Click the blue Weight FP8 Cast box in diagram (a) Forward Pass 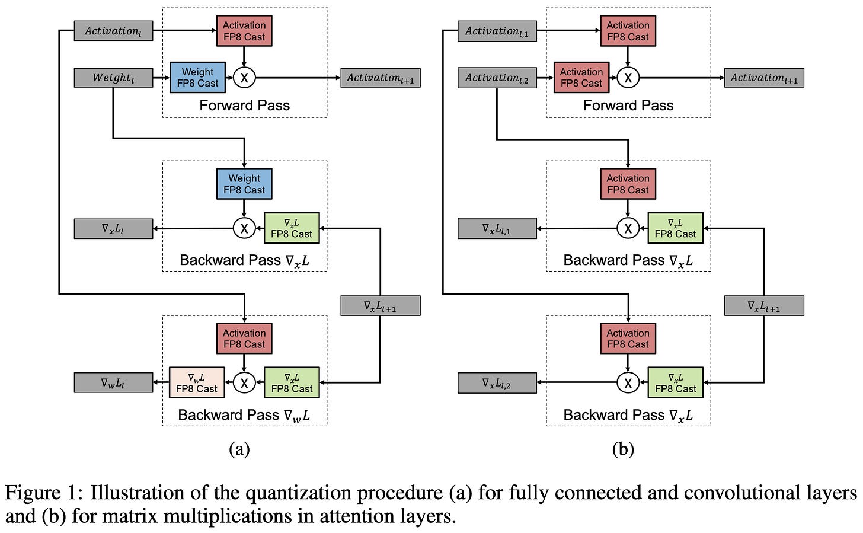point(197,78)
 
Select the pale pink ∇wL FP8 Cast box point(197,382)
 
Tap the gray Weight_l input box point(113,78)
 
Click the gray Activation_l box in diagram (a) point(113,31)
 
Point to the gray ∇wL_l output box point(113,382)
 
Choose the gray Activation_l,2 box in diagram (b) point(497,78)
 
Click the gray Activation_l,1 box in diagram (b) point(497,31)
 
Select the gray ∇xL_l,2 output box point(497,383)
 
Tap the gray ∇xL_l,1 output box point(497,228)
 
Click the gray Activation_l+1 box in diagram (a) point(381,78)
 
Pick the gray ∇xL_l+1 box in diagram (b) point(765,306)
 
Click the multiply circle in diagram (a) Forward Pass point(244,78)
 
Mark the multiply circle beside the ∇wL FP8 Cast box point(244,382)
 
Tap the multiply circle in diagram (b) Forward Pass point(628,78)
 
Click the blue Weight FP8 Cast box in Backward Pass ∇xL point(244,184)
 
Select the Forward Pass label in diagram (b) point(628,105)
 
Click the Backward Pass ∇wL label point(244,416)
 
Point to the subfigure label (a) point(239,449)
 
